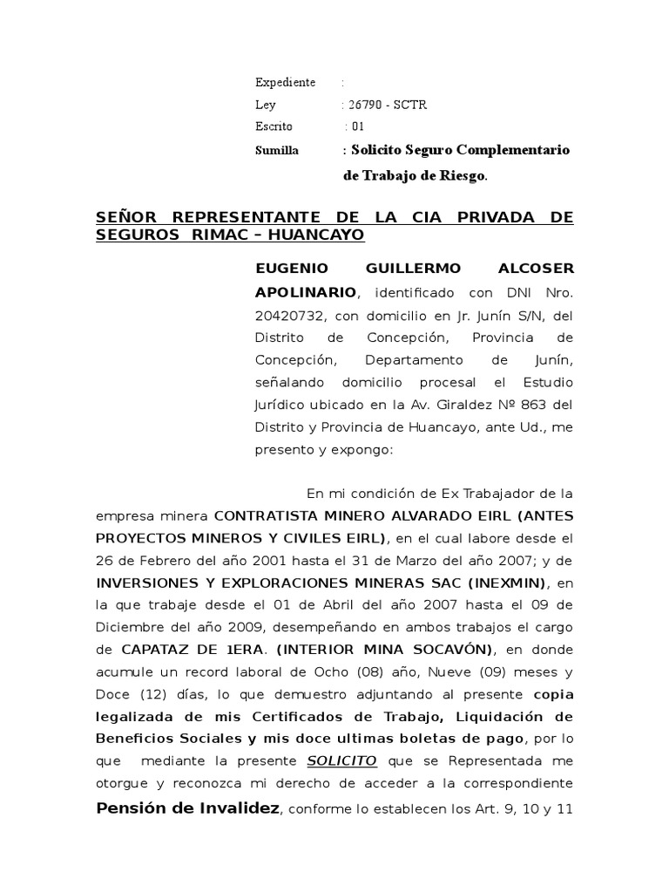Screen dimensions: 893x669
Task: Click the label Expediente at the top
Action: pos(285,83)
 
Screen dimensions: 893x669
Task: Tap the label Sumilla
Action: pos(277,151)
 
